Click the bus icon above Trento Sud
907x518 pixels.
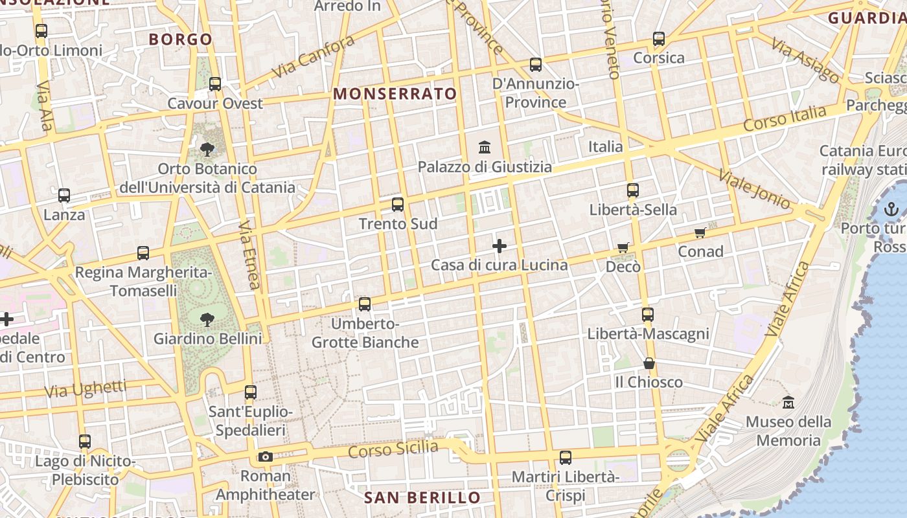point(398,205)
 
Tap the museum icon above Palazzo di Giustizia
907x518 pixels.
point(485,147)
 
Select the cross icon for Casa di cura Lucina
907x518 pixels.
point(499,246)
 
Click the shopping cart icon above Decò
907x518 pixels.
point(623,247)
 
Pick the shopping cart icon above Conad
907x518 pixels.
point(700,232)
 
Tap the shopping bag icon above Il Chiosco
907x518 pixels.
point(649,363)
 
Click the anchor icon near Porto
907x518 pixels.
point(891,209)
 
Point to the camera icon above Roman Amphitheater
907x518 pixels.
point(265,457)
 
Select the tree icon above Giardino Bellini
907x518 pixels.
point(207,319)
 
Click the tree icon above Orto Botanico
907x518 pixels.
point(207,150)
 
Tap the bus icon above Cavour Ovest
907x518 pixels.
point(215,84)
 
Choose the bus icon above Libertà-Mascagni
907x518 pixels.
point(648,315)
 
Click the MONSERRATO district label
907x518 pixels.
point(395,94)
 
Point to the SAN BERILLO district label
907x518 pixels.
point(422,497)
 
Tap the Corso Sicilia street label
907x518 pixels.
point(393,449)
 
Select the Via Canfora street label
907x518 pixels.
point(314,56)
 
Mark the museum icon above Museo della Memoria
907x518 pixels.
point(788,402)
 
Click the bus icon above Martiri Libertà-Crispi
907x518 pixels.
point(566,458)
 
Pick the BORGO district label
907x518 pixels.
point(181,39)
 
